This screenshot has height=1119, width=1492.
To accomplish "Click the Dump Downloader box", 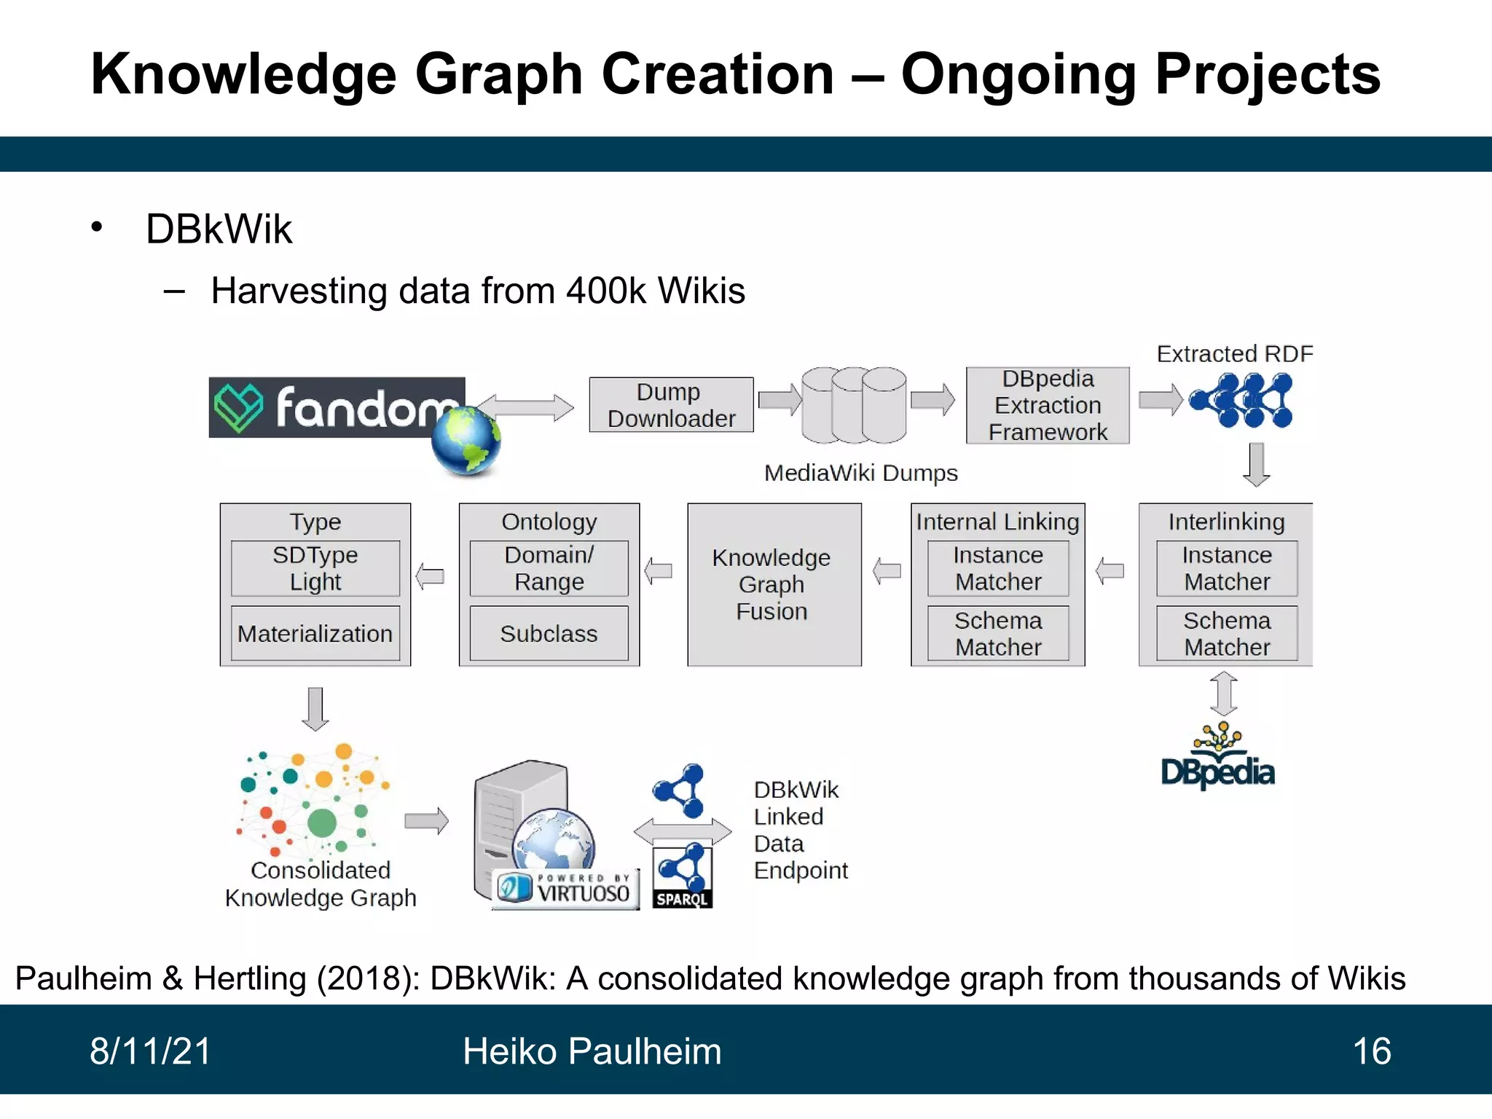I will click(x=671, y=405).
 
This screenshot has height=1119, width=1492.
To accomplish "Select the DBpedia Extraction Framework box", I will click(x=1048, y=406).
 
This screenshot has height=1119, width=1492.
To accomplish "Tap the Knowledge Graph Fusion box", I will click(x=774, y=584).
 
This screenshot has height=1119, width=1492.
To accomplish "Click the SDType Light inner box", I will click(x=315, y=568).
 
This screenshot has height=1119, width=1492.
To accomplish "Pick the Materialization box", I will click(x=315, y=633).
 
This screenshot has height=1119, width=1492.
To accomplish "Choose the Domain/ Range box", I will click(x=549, y=568).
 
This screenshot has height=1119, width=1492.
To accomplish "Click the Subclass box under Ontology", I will click(x=549, y=633).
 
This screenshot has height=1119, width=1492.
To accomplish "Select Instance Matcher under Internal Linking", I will click(x=998, y=568).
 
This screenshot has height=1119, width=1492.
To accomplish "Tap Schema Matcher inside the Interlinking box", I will click(x=1227, y=633).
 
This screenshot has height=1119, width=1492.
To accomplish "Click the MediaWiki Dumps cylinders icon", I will click(x=854, y=405).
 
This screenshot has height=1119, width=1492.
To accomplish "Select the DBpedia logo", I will click(x=1218, y=758).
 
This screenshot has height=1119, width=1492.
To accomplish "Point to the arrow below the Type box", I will click(x=315, y=708).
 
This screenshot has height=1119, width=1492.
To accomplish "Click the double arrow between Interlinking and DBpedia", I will click(x=1224, y=694).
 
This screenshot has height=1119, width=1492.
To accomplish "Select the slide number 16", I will click(x=1371, y=1051).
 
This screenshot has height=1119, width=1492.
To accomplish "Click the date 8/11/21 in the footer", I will click(x=150, y=1051).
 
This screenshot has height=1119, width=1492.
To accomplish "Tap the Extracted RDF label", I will click(x=1235, y=354).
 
